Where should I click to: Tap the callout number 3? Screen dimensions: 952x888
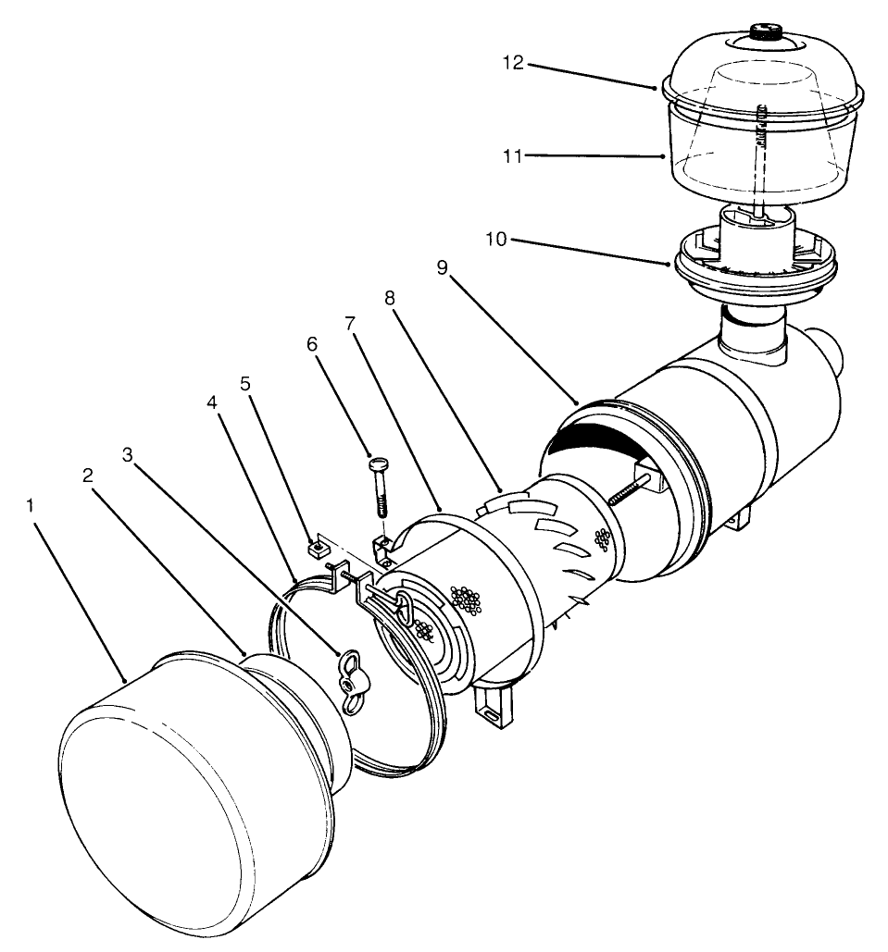tap(129, 455)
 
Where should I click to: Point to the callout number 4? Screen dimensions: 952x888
tap(212, 403)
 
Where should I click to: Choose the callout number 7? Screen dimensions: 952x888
tap(349, 323)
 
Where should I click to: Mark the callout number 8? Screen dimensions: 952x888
tap(388, 299)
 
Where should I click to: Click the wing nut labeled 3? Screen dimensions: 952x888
tap(353, 683)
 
